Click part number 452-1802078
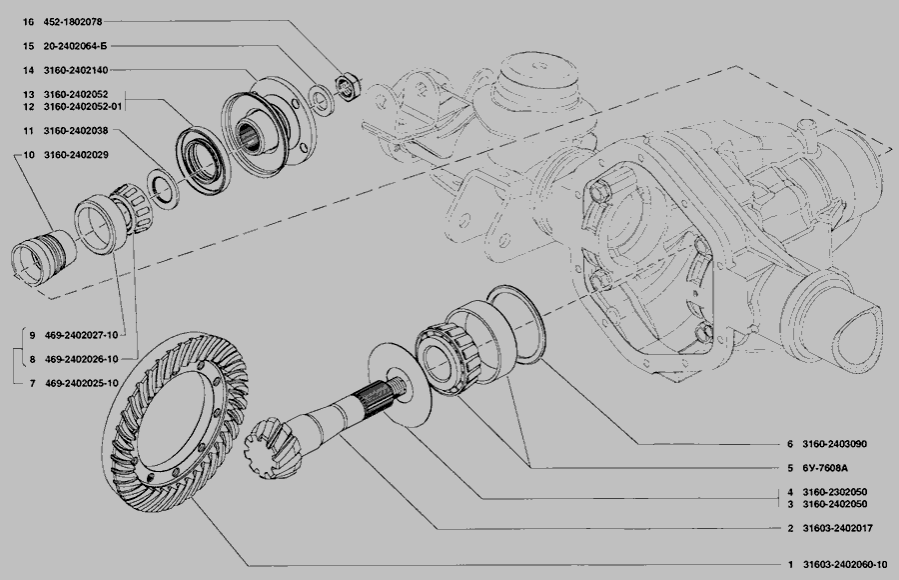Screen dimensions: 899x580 coord(73,22)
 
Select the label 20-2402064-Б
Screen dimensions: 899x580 coord(75,46)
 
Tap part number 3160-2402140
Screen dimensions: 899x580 coord(76,70)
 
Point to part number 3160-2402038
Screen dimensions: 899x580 coord(76,131)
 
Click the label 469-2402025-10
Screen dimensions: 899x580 coord(82,383)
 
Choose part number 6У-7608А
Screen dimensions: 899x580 coord(825,468)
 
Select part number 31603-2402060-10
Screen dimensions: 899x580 coord(845,565)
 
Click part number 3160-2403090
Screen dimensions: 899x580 coord(834,444)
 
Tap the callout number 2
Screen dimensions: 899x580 coord(790,528)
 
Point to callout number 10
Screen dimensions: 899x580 coord(29,155)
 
